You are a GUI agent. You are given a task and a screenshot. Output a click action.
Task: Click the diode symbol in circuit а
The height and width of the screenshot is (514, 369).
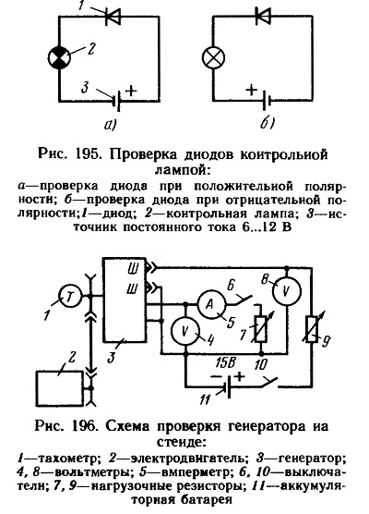coord(113,16)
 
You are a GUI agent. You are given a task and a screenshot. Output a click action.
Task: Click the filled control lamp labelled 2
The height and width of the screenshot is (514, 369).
coord(59,57)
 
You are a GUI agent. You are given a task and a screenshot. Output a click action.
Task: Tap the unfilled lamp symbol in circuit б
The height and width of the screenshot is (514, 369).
coord(213,57)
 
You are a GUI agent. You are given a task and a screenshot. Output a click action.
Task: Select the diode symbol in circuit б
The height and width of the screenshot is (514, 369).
coord(263,16)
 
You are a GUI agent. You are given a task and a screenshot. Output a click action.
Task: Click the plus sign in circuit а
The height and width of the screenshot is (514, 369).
coord(131,91)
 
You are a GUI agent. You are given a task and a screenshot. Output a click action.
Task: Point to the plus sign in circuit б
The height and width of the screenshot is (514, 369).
coord(251,90)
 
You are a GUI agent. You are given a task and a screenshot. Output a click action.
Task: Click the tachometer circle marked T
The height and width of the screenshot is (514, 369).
coord(69,297)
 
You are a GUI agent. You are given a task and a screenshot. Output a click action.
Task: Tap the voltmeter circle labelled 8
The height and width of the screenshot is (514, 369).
coord(287,291)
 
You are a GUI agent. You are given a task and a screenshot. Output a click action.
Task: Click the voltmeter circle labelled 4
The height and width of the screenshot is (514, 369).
coord(185,331)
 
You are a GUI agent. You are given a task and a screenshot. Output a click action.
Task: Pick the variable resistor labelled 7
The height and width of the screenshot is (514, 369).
coord(261,329)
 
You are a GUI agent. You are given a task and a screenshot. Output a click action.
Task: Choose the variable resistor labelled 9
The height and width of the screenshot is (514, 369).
coord(312,329)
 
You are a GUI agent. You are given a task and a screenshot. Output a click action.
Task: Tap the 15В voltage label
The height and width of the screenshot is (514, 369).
coord(226,364)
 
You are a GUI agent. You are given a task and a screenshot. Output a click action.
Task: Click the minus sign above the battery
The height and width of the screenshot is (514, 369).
coord(215,376)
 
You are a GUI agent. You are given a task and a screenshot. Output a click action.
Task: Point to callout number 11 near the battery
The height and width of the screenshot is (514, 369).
coord(206,399)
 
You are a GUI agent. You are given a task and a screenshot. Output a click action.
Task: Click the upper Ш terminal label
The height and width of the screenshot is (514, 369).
coord(133,269)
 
